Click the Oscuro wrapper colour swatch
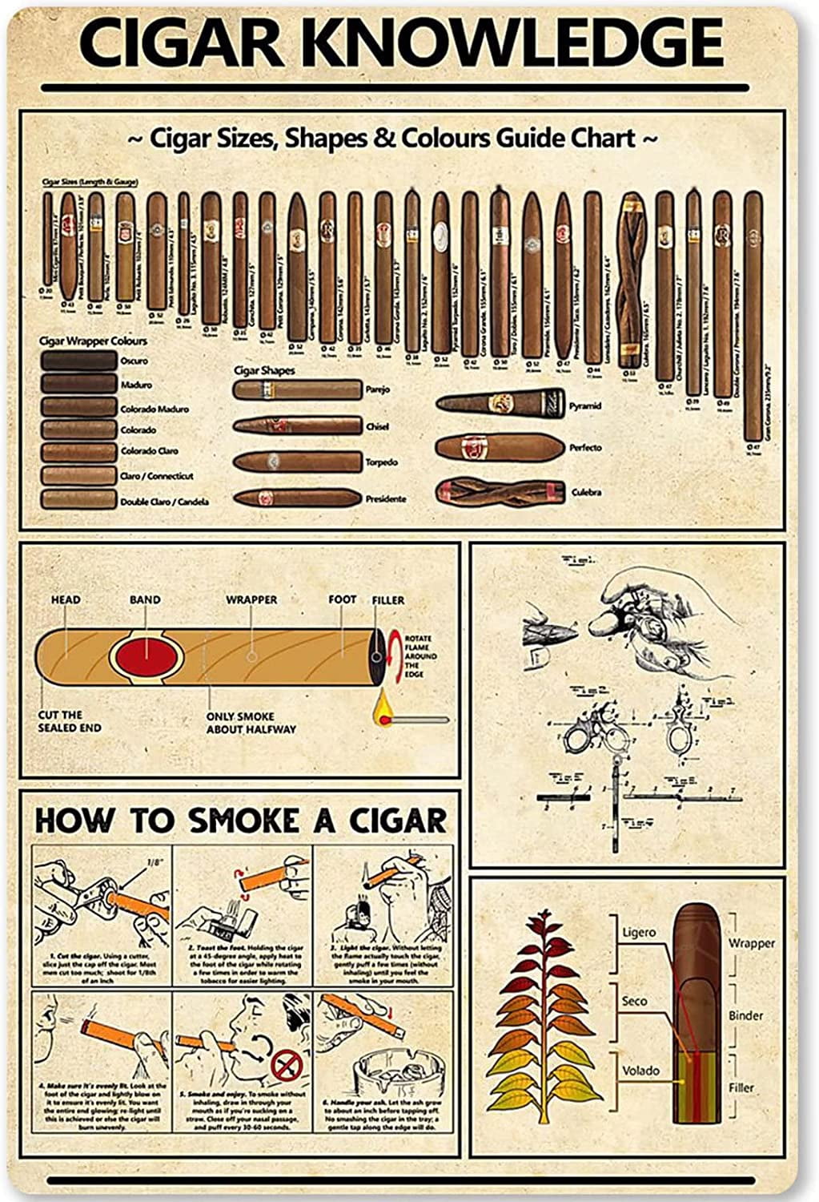point(78,361)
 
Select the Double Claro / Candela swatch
point(78,500)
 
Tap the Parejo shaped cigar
point(296,390)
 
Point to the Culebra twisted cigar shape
point(500,491)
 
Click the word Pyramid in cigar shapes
point(585,406)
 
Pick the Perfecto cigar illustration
point(500,446)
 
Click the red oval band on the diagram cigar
point(145,658)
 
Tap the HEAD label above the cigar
point(66,599)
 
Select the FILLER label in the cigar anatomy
point(388,600)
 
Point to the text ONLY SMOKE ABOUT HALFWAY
point(251,723)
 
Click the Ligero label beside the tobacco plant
point(639,933)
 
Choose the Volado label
point(640,1071)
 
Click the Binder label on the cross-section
point(745,1015)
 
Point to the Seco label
point(635,1002)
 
